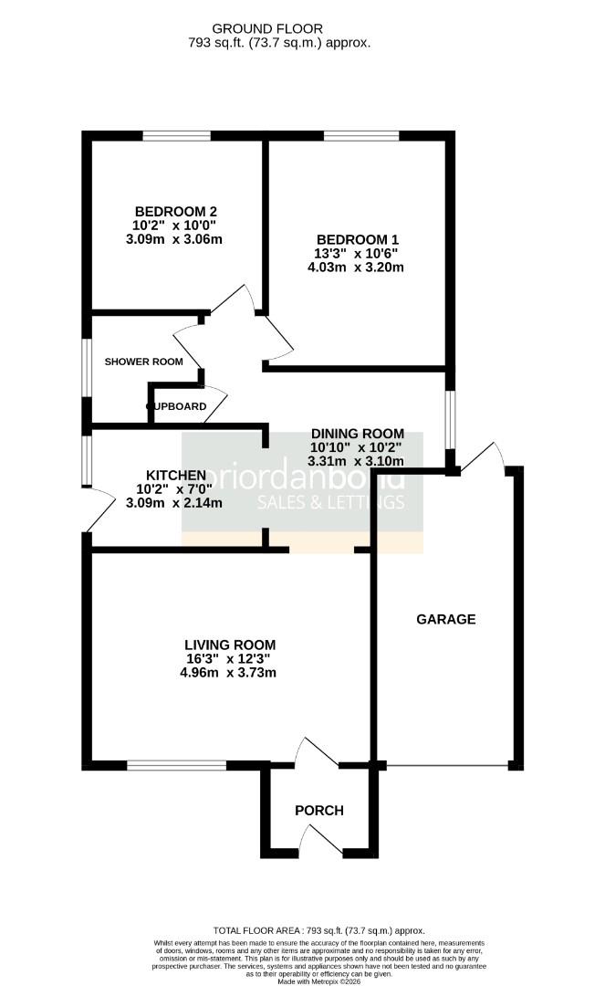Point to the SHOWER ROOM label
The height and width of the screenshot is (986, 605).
point(143,362)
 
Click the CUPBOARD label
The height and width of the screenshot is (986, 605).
point(175,406)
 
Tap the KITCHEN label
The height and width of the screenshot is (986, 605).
point(175,475)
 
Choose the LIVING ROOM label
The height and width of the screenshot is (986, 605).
point(228,643)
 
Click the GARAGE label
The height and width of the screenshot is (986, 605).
point(446,619)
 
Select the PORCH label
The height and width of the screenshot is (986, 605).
point(319,810)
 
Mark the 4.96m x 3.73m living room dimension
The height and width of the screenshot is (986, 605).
point(228,673)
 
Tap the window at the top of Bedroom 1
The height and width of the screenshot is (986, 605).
point(361,137)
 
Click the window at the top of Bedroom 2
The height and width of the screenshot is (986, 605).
point(177,137)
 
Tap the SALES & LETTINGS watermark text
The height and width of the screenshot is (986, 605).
point(330,503)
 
